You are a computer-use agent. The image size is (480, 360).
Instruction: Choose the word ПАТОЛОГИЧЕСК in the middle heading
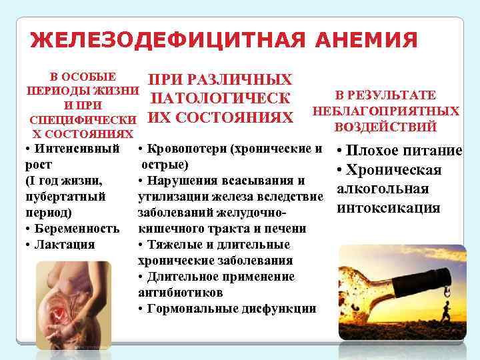[220, 99]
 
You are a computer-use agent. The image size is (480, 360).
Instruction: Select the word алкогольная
[383, 189]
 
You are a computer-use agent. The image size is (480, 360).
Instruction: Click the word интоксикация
[389, 208]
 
